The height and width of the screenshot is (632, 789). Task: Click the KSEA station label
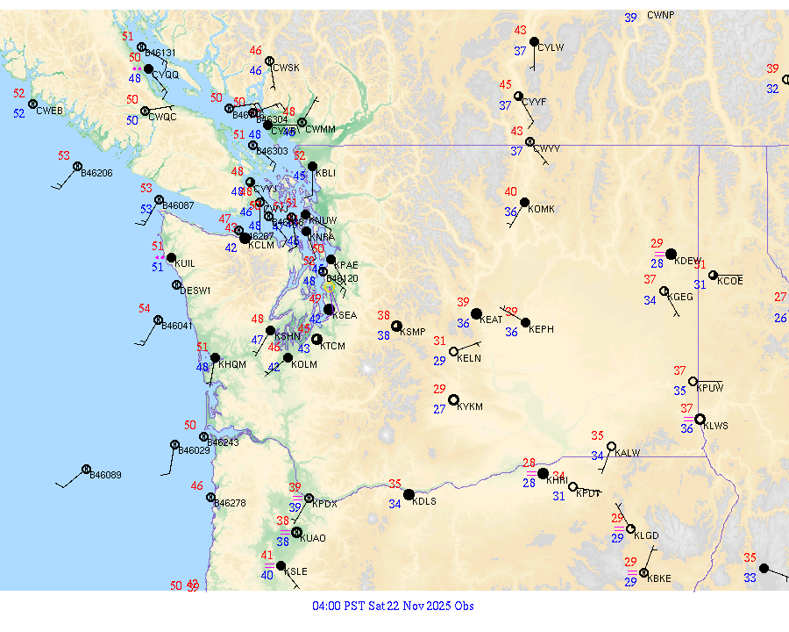point(345,315)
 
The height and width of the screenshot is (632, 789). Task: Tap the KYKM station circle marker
point(453,400)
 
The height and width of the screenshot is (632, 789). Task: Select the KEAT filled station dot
point(476,313)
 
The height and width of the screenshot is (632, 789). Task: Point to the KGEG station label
point(680,297)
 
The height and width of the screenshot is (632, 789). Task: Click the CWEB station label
point(49,111)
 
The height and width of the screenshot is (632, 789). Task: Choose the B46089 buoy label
point(105,475)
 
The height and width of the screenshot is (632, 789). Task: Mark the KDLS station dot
point(409,494)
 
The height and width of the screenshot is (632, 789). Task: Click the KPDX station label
point(324,504)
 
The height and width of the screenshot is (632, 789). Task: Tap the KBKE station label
point(658,578)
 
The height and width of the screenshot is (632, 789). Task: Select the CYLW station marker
point(534,41)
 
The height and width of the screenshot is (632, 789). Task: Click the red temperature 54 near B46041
point(145,308)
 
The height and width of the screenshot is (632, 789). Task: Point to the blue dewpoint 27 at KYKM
point(439,409)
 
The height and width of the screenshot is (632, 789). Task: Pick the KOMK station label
point(542,208)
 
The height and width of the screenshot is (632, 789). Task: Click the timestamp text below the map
point(394,606)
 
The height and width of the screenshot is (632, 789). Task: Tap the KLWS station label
point(716,426)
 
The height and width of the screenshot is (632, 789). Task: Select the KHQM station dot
point(215,357)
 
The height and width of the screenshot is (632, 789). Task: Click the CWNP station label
point(661,15)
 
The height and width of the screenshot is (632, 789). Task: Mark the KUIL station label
point(185,263)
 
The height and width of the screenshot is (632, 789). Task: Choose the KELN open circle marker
point(453,352)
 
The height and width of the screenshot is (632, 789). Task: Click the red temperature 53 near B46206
point(64,155)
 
